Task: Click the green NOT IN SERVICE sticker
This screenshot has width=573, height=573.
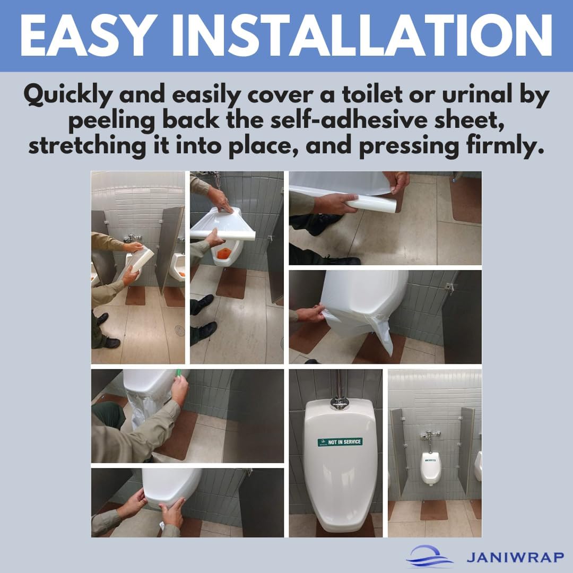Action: [340, 441]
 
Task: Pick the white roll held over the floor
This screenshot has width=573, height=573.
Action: [371, 203]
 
